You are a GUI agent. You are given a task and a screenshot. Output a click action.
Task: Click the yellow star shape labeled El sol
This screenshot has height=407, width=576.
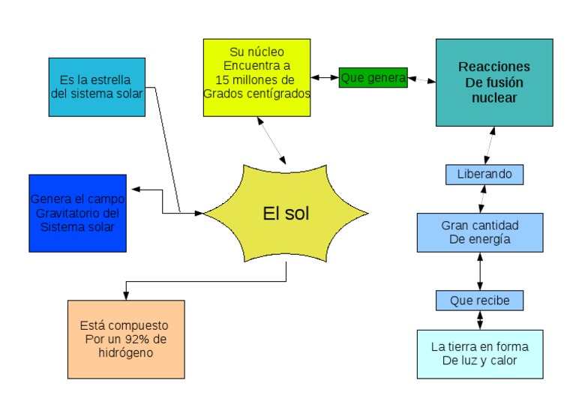(286, 214)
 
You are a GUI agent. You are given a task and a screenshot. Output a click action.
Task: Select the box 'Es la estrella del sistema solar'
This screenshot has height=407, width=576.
(97, 87)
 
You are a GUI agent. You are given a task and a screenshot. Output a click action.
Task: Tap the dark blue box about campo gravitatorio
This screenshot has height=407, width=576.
(77, 213)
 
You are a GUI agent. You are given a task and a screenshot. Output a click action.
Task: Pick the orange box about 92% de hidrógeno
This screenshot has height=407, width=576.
(125, 339)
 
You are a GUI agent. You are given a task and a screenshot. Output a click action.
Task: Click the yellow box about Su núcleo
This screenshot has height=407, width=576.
(256, 77)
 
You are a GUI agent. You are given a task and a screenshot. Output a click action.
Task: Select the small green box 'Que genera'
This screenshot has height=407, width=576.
(373, 77)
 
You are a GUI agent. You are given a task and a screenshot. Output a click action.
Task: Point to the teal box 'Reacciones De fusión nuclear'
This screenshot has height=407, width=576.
(493, 82)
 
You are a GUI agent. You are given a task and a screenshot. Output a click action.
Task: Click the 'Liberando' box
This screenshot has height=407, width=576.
(484, 174)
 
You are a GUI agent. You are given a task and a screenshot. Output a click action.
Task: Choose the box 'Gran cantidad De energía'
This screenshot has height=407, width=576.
(479, 232)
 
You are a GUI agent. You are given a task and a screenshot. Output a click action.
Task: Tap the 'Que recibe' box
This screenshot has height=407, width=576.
(479, 301)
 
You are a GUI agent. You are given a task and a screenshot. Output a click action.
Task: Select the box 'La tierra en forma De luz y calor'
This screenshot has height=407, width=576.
(479, 354)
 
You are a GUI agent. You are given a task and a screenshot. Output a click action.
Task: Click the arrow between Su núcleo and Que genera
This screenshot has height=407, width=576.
(325, 76)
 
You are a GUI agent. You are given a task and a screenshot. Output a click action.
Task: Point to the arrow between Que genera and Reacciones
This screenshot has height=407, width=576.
(421, 79)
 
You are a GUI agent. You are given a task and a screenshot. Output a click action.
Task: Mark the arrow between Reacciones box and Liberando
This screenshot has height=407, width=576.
(490, 145)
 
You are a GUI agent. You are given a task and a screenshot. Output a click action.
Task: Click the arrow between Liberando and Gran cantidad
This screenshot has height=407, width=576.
(481, 198)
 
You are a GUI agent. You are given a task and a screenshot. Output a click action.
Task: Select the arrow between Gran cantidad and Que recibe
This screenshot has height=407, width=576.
(480, 271)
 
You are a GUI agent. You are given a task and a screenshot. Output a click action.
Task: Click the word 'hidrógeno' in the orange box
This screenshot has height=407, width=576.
(125, 352)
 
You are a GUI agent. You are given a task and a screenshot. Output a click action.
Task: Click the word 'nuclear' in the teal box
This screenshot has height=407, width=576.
(493, 97)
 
